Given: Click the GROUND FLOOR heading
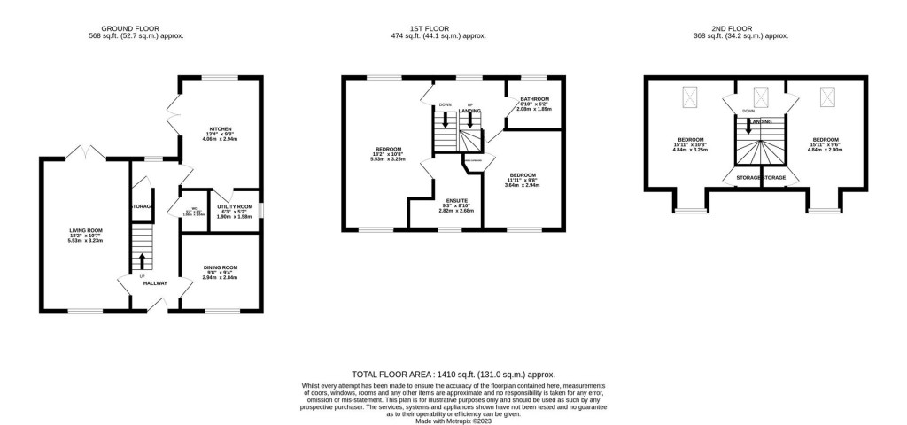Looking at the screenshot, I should coord(136,27).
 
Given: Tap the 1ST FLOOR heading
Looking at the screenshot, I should coord(453,27).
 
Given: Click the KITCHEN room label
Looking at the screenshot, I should coord(220,128).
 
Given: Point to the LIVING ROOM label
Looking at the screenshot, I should coord(87,229).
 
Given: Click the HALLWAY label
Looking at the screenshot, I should coord(156,284).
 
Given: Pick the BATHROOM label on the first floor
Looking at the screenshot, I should coord(534,99).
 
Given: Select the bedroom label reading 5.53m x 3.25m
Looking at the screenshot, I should coord(390,149).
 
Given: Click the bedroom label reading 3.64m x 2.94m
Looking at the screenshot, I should coord(522,175).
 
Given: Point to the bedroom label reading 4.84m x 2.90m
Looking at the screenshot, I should coord(826,140).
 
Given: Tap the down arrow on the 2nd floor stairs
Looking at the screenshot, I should coord(749,126).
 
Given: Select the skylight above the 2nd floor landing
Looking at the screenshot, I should coord(760,97).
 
